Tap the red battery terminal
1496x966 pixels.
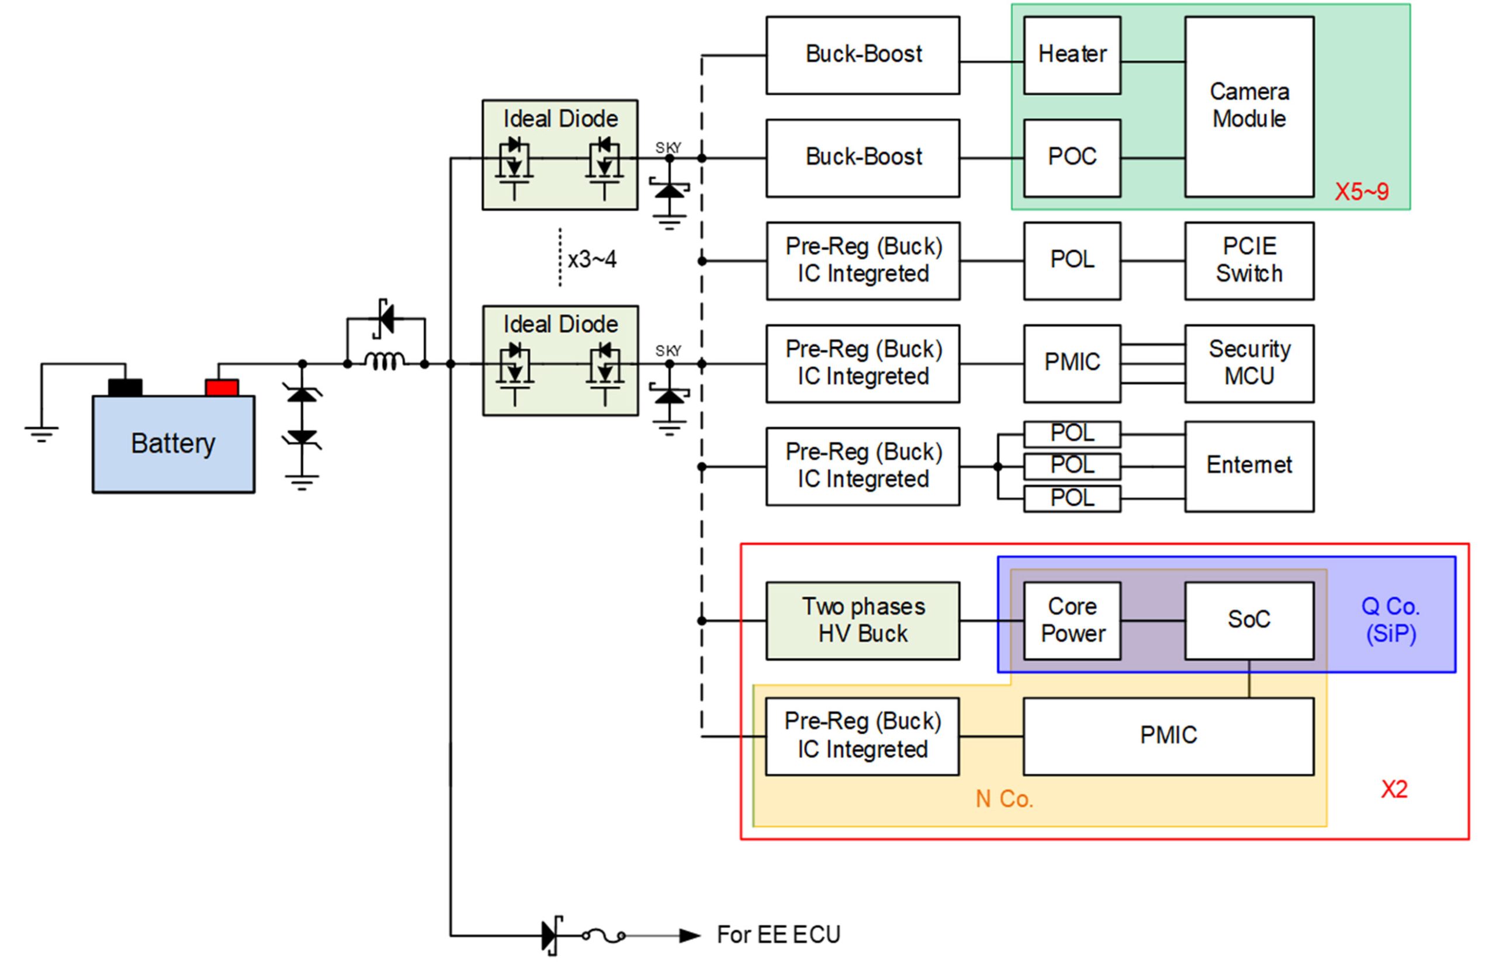pos(221,387)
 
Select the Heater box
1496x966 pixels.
pos(1072,55)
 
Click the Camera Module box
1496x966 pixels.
pos(1249,106)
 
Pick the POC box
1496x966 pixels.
pos(1072,158)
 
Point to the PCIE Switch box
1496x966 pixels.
pos(1249,260)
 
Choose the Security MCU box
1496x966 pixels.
pos(1249,363)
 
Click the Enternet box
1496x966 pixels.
pos(1249,466)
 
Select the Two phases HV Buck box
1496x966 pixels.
pos(862,620)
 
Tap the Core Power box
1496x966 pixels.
pos(1072,620)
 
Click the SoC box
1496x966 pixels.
pos(1249,620)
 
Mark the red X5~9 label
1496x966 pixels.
pos(1361,192)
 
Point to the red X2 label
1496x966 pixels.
pos(1394,789)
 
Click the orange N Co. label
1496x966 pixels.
pos(1004,799)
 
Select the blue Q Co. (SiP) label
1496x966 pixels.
pos(1391,620)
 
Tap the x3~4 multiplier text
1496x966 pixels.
pos(592,260)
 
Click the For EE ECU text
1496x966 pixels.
pos(778,934)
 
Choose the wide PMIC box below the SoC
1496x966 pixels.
pos(1168,736)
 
